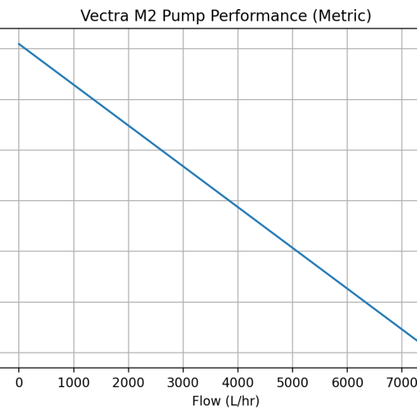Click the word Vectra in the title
pos(105,16)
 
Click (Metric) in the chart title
pos(339,16)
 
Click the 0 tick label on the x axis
pos(19,382)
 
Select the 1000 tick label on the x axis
pos(73,382)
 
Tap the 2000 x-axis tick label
pos(128,382)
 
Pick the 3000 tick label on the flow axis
pos(183,382)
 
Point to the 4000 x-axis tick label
pos(238,382)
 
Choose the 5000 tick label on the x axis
pos(293,382)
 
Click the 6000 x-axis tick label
pos(347,382)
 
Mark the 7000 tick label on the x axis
pos(401,382)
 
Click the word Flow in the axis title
pos(208,401)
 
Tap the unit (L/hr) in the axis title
pos(243,401)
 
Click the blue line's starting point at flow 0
pos(19,44)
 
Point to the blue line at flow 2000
pos(128,125)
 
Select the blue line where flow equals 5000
pos(293,248)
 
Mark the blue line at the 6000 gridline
pos(347,289)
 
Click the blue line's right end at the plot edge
pos(415,339)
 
